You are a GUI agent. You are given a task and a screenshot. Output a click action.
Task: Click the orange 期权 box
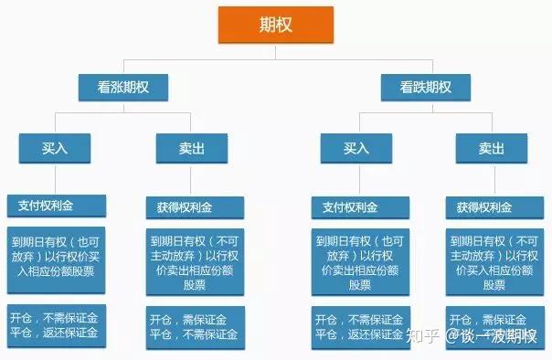(275, 24)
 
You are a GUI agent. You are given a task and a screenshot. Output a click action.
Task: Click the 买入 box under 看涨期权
(55, 147)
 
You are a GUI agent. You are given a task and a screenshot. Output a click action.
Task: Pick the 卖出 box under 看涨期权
(191, 147)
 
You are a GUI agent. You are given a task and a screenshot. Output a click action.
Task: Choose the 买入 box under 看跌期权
(356, 147)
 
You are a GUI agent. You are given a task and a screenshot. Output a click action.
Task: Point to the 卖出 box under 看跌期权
(491, 147)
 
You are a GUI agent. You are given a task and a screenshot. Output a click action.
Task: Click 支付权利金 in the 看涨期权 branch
(56, 204)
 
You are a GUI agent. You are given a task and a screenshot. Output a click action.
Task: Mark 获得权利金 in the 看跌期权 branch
(493, 206)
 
